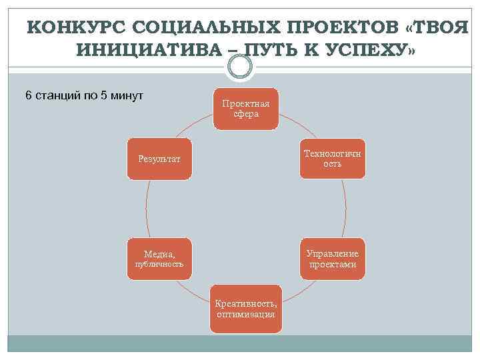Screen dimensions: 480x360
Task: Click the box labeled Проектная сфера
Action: click(x=246, y=109)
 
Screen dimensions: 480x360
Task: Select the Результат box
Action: click(x=160, y=159)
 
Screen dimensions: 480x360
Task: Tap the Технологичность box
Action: click(x=332, y=159)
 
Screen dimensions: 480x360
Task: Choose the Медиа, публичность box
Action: click(x=160, y=259)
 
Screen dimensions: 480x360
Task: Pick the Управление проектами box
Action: click(x=332, y=259)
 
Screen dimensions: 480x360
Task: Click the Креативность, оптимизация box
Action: click(x=246, y=309)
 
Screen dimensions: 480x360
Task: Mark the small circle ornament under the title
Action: click(x=239, y=67)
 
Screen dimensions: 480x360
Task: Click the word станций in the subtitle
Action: click(x=57, y=95)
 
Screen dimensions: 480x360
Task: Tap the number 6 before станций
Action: click(x=28, y=95)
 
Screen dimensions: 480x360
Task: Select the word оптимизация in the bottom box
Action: click(x=246, y=314)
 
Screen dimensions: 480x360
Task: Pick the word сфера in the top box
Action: click(x=246, y=114)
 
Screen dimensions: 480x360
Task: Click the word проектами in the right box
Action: click(x=333, y=265)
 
